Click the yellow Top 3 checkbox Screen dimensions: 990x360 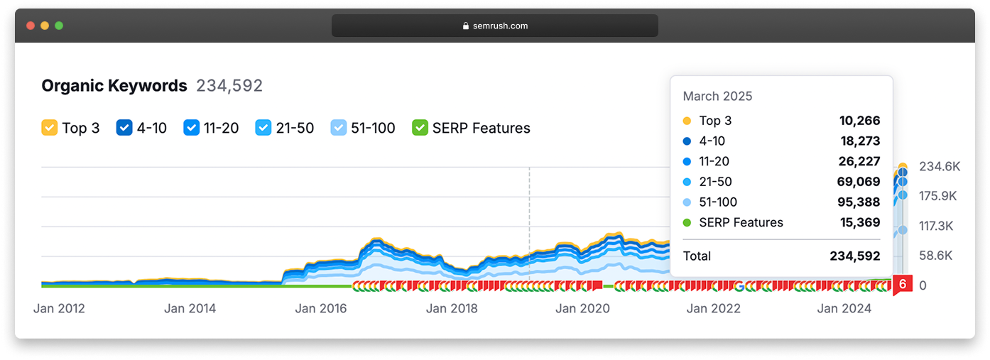pyautogui.click(x=50, y=128)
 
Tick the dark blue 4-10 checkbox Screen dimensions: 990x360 pyautogui.click(x=124, y=128)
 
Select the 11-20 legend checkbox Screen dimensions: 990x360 pyautogui.click(x=191, y=128)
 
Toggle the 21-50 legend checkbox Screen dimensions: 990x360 pyautogui.click(x=263, y=128)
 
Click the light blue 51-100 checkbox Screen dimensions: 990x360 pyautogui.click(x=339, y=128)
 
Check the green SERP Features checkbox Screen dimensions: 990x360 pyautogui.click(x=420, y=128)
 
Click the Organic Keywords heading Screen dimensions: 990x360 pyautogui.click(x=114, y=86)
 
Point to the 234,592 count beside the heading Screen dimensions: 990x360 pyautogui.click(x=229, y=86)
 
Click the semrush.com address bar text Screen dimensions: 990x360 pyautogui.click(x=500, y=26)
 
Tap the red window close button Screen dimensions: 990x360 pyautogui.click(x=31, y=26)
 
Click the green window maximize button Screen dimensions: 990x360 pyautogui.click(x=59, y=26)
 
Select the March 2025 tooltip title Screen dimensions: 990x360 pyautogui.click(x=717, y=97)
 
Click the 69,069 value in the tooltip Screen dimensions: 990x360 pyautogui.click(x=859, y=182)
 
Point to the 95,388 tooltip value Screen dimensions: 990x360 pyautogui.click(x=859, y=202)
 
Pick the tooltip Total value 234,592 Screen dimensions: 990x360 pyautogui.click(x=855, y=256)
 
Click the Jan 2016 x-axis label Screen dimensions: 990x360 pyautogui.click(x=321, y=308)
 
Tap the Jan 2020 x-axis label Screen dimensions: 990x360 pyautogui.click(x=582, y=308)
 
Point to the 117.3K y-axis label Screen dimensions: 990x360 pyautogui.click(x=936, y=227)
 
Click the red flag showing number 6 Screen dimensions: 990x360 pyautogui.click(x=903, y=285)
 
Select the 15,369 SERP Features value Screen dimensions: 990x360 pyautogui.click(x=860, y=222)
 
